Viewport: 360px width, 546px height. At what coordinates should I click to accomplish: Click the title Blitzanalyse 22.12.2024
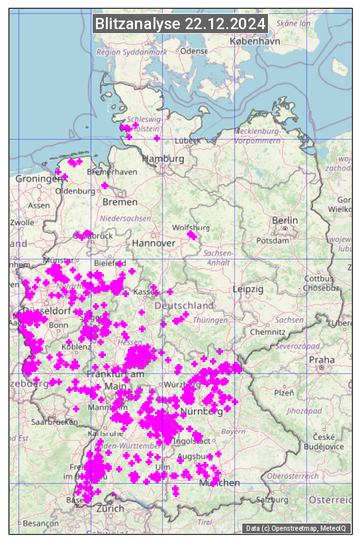point(180,24)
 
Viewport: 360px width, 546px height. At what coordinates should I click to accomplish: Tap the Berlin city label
point(285,220)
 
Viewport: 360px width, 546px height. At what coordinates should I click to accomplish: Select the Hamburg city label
point(163,159)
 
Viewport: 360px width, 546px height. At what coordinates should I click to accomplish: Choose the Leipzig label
point(248,289)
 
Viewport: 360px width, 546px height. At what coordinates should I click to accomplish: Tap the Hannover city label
point(154,243)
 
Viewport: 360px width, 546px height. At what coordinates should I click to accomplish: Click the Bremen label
point(120,202)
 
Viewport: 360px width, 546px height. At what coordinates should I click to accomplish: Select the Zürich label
point(110,508)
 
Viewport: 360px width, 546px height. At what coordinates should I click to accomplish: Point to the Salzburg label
point(274,499)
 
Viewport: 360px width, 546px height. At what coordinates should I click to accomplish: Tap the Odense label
point(194,51)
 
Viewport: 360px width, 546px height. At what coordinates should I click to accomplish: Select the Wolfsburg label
point(191,228)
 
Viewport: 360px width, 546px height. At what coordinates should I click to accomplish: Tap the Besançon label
point(40,523)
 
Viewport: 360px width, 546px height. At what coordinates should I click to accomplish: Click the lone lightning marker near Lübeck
point(157,138)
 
